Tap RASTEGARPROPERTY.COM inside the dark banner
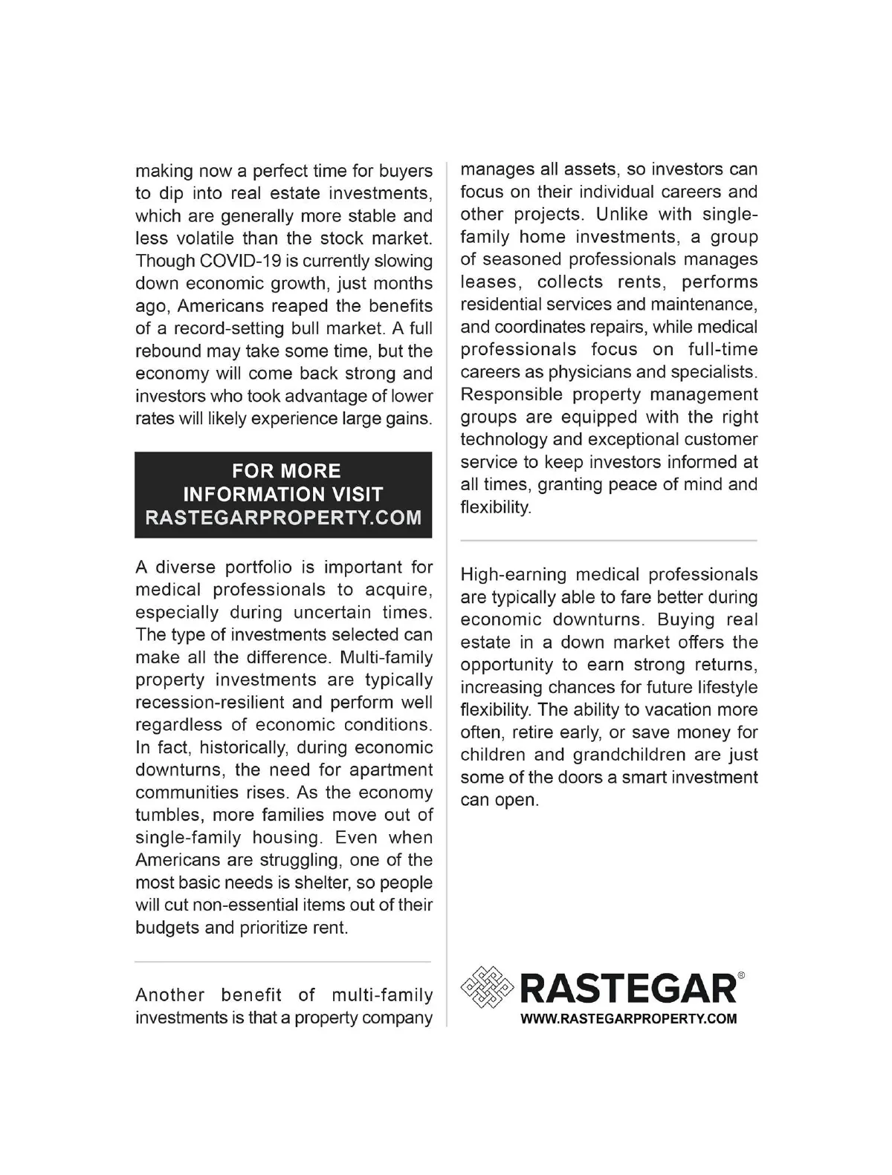pyautogui.click(x=283, y=517)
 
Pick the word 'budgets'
pyautogui.click(x=167, y=928)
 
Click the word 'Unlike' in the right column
pyautogui.click(x=622, y=215)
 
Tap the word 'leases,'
pyautogui.click(x=488, y=282)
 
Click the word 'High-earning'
pyautogui.click(x=513, y=575)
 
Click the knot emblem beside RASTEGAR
pyautogui.click(x=487, y=988)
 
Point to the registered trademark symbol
pyautogui.click(x=741, y=975)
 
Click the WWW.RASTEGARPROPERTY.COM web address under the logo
pyautogui.click(x=628, y=1018)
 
